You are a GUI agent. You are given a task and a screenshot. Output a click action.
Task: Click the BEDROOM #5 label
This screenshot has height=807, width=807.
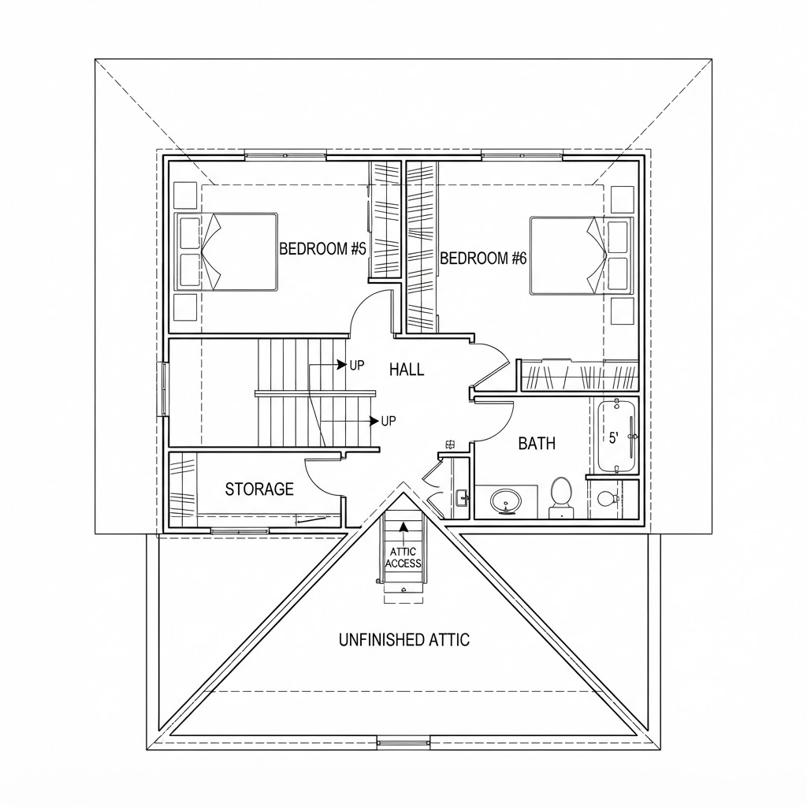[322, 249]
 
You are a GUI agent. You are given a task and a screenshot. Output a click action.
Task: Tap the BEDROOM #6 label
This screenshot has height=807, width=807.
[483, 258]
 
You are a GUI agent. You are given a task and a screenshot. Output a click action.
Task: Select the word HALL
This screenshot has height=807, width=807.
[407, 370]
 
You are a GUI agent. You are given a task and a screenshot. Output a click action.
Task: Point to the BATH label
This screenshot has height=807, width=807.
[537, 443]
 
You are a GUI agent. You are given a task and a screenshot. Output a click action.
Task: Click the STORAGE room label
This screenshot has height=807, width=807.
[259, 489]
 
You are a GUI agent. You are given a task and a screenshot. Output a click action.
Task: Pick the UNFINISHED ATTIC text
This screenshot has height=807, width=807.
[404, 640]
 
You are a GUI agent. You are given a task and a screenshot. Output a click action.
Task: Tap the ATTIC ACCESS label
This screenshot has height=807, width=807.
[403, 558]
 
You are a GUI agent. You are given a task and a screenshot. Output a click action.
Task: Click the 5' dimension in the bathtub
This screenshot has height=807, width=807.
[613, 438]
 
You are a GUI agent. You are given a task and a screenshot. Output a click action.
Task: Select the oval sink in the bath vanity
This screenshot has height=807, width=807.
[505, 500]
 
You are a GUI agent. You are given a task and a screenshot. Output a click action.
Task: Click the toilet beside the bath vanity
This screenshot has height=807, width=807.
[560, 496]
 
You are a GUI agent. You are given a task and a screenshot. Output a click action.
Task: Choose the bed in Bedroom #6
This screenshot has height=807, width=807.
[582, 255]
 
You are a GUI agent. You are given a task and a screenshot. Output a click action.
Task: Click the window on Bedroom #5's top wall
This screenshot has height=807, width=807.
[285, 154]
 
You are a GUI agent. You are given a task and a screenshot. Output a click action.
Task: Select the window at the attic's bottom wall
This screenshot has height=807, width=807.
[403, 742]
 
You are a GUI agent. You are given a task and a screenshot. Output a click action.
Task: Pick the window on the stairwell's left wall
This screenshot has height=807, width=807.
[164, 389]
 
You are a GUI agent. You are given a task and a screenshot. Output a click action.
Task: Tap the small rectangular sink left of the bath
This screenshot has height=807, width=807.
[461, 498]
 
